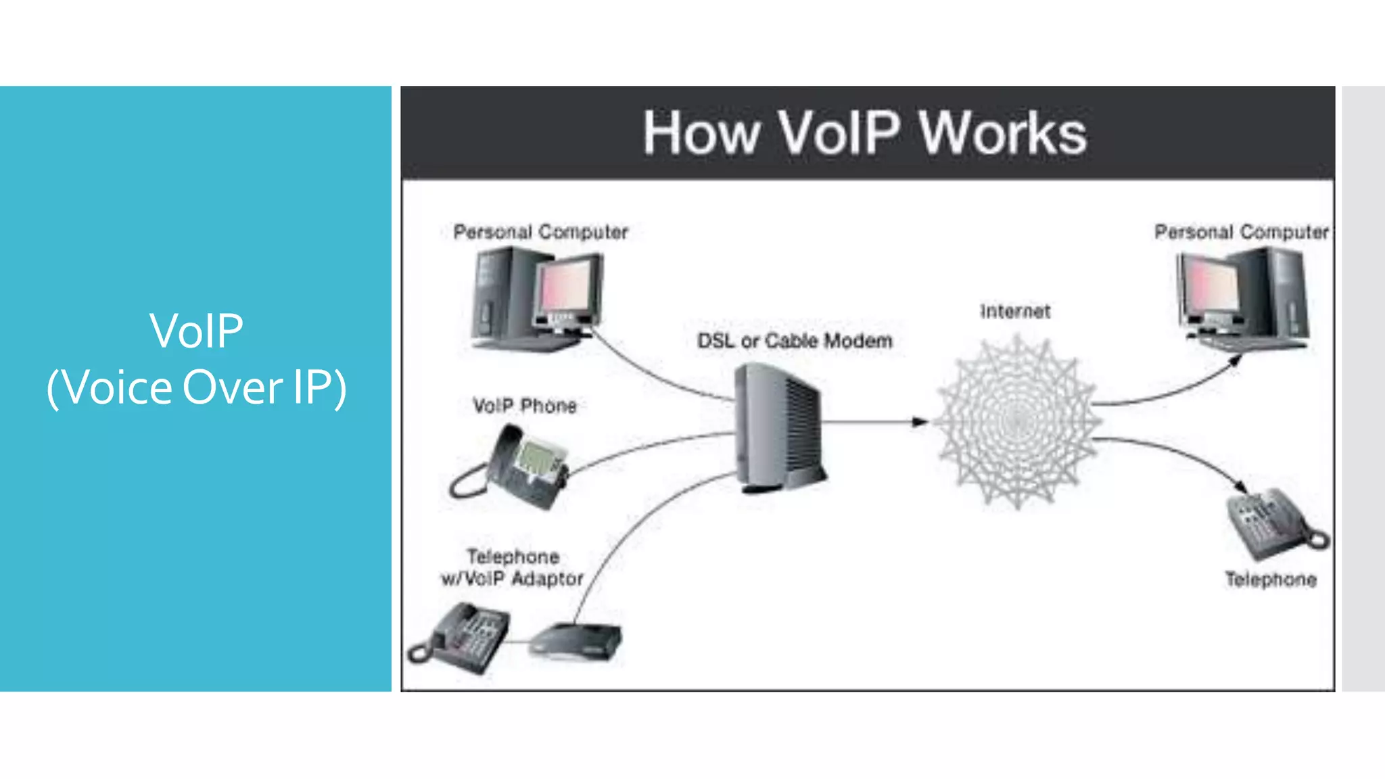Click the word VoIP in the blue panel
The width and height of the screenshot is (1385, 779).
coord(196,331)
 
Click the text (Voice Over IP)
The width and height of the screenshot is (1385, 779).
coord(196,388)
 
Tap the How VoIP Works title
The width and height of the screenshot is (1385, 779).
coord(864,133)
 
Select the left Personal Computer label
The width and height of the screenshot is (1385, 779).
coord(540,232)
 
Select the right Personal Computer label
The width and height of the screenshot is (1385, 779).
coord(1241,232)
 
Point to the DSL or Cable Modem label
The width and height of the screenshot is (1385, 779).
coord(795,341)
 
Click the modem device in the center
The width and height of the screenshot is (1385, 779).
coord(779,426)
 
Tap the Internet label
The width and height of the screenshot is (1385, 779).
coord(1015,312)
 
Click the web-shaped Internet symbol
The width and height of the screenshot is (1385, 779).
coord(1016,422)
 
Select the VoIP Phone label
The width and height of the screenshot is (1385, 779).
coord(525,406)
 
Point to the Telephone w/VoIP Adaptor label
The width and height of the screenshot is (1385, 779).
coord(512,568)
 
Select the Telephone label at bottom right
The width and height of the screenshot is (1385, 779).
coord(1271,580)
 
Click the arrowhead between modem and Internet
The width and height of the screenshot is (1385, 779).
coord(919,422)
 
